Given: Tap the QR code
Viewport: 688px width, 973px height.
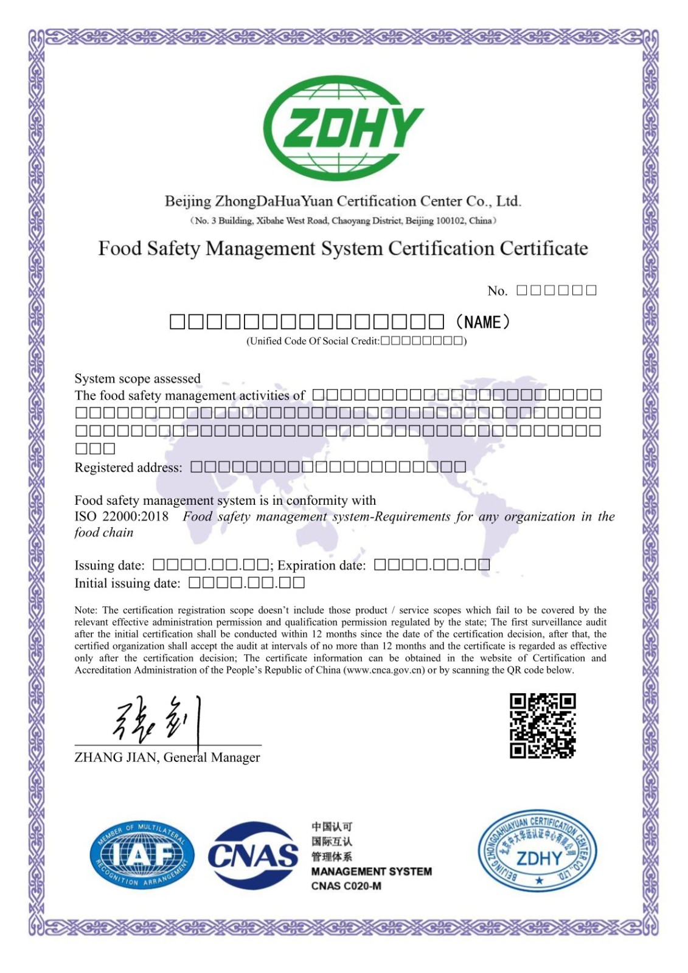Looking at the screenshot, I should coord(542,725).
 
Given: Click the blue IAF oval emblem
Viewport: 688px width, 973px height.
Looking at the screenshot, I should coord(142,854).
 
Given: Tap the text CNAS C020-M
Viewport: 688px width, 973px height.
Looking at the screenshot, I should coord(346,886).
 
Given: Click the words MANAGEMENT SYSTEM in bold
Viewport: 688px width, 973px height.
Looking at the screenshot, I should coord(371,871).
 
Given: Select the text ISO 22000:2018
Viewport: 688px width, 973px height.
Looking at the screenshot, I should coord(121,517).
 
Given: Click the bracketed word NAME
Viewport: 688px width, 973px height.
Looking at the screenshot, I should coord(483,322).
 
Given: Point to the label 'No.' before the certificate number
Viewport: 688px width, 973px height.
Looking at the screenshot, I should coord(497,291).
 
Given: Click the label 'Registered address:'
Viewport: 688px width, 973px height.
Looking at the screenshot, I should coord(128,468).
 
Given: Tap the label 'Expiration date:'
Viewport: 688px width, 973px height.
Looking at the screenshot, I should coord(321,566).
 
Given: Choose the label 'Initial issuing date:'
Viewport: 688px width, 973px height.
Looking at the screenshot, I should coord(127,584).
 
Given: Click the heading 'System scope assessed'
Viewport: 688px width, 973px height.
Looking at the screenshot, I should coord(137,379).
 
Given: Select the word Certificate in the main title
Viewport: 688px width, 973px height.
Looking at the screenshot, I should coord(544,249).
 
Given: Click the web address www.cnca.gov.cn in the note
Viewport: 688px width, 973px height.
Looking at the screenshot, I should coord(384,670).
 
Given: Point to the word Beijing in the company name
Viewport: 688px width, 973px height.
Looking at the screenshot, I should coord(187,201).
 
